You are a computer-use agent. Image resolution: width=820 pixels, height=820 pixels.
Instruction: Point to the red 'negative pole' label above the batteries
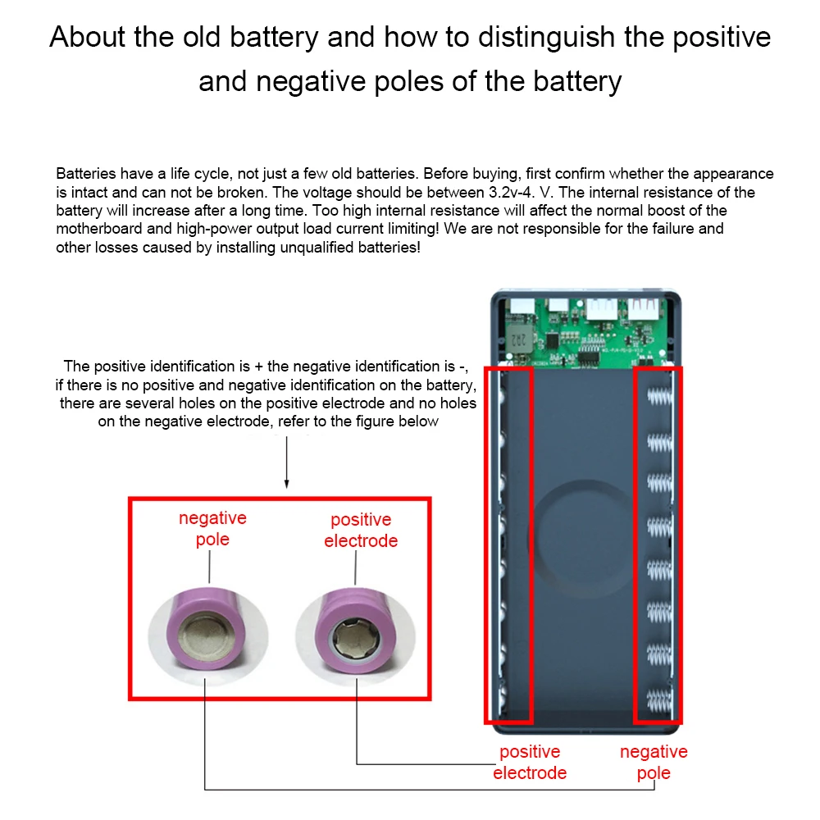(x=212, y=529)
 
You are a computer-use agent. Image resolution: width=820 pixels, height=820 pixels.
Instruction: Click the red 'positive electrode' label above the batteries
(x=361, y=531)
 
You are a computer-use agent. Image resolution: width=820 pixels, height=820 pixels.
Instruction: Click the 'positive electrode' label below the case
(x=530, y=763)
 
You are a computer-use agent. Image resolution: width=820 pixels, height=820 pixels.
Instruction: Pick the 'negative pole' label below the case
(x=654, y=763)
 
